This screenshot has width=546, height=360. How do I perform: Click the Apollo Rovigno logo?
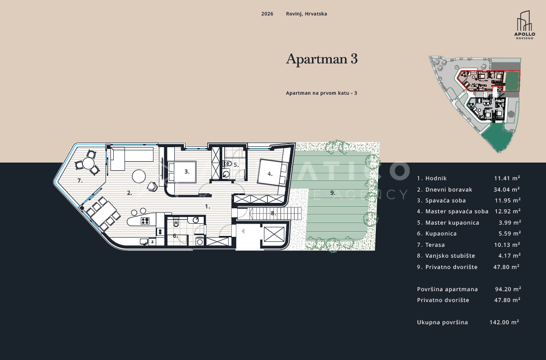click(x=524, y=25)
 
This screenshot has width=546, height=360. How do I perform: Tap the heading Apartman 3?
click(x=322, y=59)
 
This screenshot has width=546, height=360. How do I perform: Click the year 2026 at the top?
click(x=267, y=14)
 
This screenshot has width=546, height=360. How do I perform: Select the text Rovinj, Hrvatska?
click(x=307, y=14)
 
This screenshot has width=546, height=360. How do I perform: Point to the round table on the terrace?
click(x=88, y=163)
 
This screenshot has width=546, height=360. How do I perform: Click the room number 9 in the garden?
click(x=333, y=193)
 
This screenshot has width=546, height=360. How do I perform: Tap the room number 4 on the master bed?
click(x=269, y=174)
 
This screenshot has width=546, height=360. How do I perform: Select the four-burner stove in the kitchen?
click(x=145, y=221)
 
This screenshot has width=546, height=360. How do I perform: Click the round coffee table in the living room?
click(x=139, y=176)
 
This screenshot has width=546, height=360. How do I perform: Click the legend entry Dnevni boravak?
click(x=449, y=189)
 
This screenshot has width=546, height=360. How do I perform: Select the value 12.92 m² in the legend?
click(x=508, y=211)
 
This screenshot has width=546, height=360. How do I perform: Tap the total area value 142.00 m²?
click(x=504, y=322)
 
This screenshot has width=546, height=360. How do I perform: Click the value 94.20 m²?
click(x=508, y=289)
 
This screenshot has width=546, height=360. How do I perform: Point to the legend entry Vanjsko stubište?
click(x=450, y=256)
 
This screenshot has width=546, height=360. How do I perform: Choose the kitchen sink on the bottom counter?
click(x=144, y=241)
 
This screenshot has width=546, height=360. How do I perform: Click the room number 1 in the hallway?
click(x=207, y=206)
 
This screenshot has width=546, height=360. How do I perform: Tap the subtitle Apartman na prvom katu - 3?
click(x=321, y=93)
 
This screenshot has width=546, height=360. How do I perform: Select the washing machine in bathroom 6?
click(x=200, y=241)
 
